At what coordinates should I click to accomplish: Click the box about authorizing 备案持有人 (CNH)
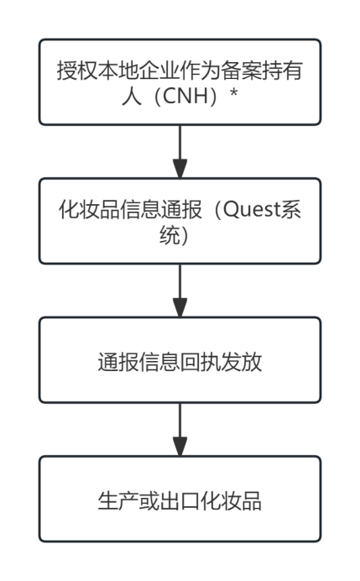180,81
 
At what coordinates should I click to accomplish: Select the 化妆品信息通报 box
180,220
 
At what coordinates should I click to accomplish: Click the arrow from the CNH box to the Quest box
180,150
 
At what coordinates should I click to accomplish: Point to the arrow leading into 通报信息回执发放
180,290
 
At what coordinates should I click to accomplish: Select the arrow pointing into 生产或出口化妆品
180,429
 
